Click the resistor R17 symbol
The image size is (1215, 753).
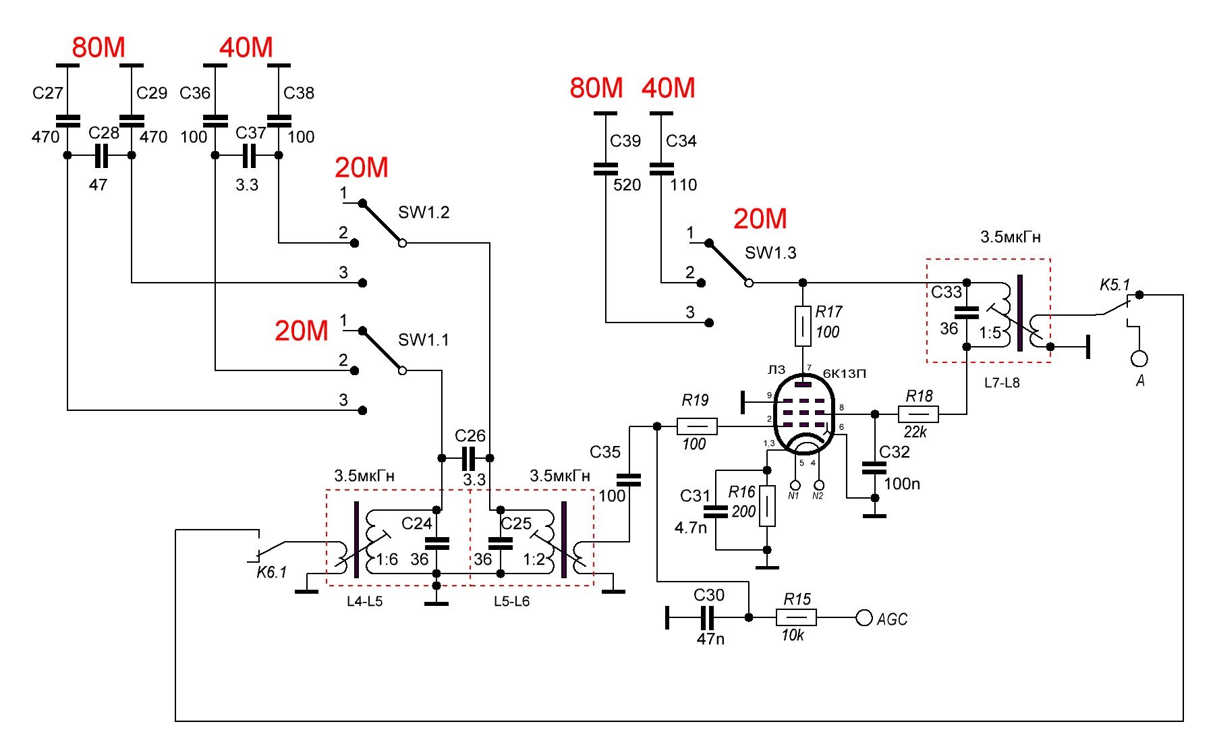(803, 327)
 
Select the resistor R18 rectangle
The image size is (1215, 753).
(918, 414)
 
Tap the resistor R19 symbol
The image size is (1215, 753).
(697, 426)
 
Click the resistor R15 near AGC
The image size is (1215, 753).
(797, 617)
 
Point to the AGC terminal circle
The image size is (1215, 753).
(864, 617)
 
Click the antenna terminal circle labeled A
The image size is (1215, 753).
(1139, 358)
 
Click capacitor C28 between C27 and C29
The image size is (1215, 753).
(101, 156)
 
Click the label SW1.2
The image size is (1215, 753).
(424, 213)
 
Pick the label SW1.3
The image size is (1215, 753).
(770, 253)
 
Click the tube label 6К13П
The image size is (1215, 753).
(844, 373)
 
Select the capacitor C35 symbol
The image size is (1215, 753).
(629, 480)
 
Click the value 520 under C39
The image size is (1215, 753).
(627, 185)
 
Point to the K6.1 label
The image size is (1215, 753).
(272, 572)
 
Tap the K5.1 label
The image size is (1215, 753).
(1114, 285)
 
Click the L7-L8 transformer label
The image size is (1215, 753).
(1002, 383)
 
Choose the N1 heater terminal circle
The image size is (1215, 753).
(795, 485)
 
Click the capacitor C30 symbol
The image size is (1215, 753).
(706, 617)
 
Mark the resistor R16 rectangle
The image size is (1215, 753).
(767, 505)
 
